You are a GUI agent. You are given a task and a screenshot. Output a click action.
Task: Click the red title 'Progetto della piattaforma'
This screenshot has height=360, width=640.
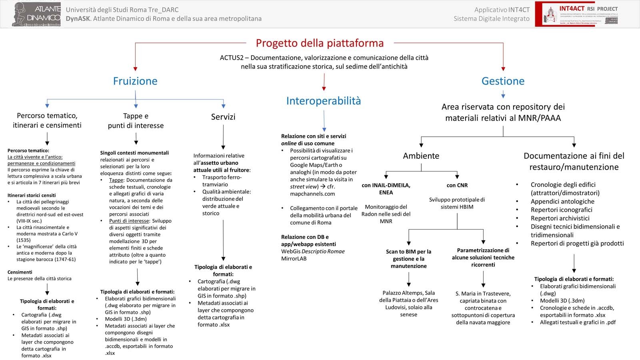(320, 43)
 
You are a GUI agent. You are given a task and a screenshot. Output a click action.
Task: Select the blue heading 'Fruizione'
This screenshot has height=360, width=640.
(135, 81)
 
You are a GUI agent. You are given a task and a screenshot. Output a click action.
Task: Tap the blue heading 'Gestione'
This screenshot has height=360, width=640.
(503, 81)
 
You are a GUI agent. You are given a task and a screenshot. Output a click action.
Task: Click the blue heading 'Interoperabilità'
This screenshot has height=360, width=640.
(323, 101)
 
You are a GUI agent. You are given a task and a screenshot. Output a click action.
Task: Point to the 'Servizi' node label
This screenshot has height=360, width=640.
(223, 117)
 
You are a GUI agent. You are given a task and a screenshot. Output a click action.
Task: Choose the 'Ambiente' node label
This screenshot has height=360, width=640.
(421, 156)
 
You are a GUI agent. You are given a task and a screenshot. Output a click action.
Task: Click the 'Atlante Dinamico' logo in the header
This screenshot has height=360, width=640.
(37, 14)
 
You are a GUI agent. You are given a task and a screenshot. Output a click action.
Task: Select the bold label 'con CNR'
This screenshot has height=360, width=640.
(457, 186)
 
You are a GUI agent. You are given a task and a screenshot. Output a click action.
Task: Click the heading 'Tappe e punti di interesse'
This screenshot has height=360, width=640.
(136, 120)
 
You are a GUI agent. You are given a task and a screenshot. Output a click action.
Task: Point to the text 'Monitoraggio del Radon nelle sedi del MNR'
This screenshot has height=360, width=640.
(386, 214)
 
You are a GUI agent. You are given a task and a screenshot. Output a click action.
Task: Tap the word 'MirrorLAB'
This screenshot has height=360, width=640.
(294, 259)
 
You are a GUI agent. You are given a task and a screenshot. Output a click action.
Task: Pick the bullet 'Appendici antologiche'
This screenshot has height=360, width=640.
(562, 202)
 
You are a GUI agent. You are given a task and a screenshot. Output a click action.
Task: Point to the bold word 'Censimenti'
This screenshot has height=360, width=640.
(20, 272)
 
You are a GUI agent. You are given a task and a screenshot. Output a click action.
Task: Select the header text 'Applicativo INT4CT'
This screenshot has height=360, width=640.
(502, 10)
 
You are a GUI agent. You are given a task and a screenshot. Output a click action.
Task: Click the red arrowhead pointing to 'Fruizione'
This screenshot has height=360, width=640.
(135, 69)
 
